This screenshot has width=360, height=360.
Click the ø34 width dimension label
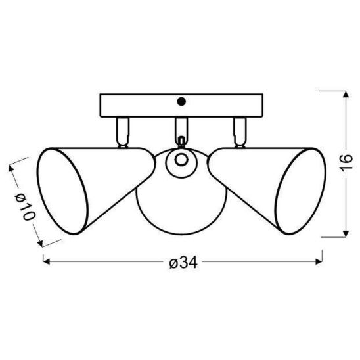point(183,262)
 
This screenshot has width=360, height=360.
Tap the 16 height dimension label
point(346,163)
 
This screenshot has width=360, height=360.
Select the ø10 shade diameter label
point(25,206)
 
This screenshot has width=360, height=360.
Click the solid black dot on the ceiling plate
point(181,101)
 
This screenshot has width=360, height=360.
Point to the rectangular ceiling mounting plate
point(181,105)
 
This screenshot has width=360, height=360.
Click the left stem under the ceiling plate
point(123,132)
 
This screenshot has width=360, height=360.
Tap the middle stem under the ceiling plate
point(181,129)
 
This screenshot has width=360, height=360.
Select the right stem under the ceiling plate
point(240,132)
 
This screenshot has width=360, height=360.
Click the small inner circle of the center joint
point(181,160)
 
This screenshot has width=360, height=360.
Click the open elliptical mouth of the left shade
point(62,191)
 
